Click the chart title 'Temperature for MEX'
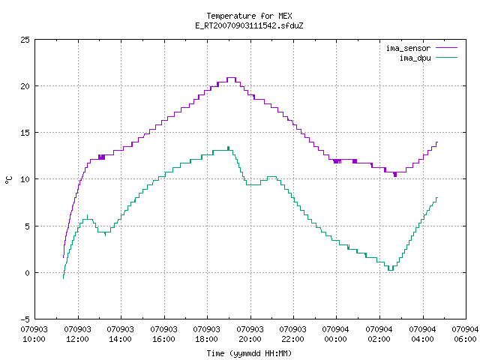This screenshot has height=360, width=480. [x=249, y=16]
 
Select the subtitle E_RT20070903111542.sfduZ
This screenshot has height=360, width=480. [x=249, y=25]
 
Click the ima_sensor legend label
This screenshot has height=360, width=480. [x=408, y=48]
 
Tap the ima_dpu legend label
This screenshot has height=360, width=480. [x=415, y=58]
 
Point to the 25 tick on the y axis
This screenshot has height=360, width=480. [x=25, y=40]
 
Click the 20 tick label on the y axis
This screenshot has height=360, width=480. [x=25, y=86]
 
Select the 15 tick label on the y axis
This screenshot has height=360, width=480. [x=25, y=133]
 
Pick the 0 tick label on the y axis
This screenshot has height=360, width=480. [x=27, y=273]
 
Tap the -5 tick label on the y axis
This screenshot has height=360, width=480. [x=25, y=319]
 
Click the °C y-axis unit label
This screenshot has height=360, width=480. [x=8, y=180]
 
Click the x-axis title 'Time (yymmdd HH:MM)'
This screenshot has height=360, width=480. [x=249, y=353]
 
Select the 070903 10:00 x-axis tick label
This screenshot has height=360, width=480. [x=34, y=334]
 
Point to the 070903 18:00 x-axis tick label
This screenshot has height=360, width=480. [x=207, y=334]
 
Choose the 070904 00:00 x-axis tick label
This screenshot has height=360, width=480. [x=336, y=334]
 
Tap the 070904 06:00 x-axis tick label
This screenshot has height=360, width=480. [x=465, y=334]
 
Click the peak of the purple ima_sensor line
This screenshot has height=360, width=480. [x=231, y=78]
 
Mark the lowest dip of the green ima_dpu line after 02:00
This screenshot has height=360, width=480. [x=391, y=270]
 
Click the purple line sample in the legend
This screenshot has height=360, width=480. [x=446, y=48]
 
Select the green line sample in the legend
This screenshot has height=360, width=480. [x=446, y=58]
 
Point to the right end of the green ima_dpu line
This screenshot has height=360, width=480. [x=437, y=198]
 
